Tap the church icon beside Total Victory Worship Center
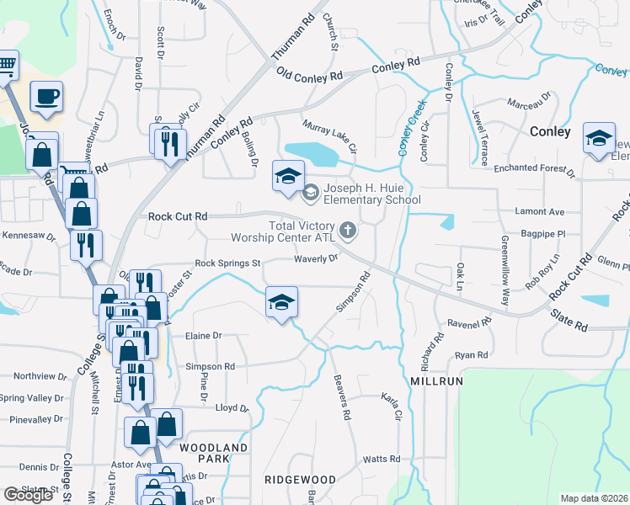click(x=347, y=229)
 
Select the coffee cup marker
click(x=47, y=96)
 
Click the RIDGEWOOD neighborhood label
click(x=294, y=478)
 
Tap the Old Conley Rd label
click(x=309, y=77)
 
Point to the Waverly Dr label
click(x=316, y=258)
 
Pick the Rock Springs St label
click(x=227, y=263)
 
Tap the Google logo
click(x=28, y=495)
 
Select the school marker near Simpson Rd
click(x=282, y=301)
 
